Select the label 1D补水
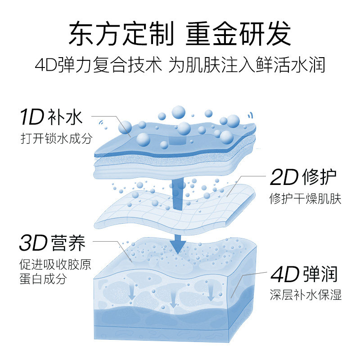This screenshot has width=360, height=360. point(51,117)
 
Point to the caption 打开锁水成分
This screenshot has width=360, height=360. point(56,138)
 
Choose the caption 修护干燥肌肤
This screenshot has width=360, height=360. point(305,198)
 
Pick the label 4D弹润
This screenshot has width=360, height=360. point(303,274)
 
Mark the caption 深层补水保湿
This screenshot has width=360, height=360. point(306,295)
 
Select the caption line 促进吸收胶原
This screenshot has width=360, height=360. point(55,264)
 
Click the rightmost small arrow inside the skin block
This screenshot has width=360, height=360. point(210,293)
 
